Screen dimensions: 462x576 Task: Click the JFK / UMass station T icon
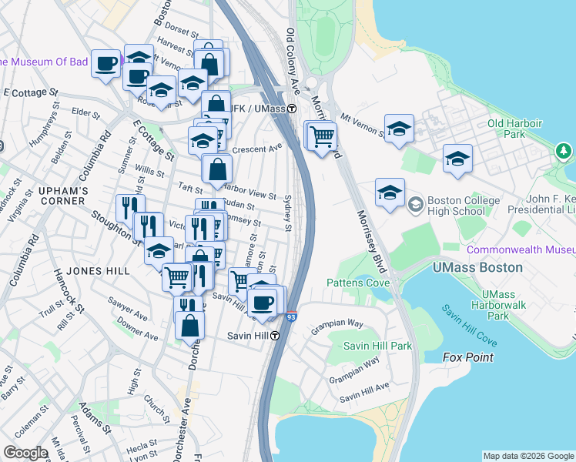pyautogui.click(x=293, y=109)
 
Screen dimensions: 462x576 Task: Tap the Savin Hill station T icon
pyautogui.click(x=273, y=336)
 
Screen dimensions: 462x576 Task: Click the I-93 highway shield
pyautogui.click(x=291, y=316)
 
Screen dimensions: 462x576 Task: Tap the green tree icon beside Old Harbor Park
pyautogui.click(x=564, y=149)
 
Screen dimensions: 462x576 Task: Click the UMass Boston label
pyautogui.click(x=478, y=267)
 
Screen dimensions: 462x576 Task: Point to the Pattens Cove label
pyautogui.click(x=359, y=283)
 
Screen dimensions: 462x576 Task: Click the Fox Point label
pyautogui.click(x=468, y=357)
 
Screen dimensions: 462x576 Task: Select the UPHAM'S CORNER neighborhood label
pyautogui.click(x=53, y=196)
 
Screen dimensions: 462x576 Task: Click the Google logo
pyautogui.click(x=25, y=453)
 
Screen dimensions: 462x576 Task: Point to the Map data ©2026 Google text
pyautogui.click(x=528, y=456)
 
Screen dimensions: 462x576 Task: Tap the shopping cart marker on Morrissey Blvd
pyautogui.click(x=322, y=137)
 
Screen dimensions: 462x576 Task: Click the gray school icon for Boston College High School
pyautogui.click(x=416, y=204)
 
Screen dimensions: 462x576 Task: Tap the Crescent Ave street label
pyautogui.click(x=258, y=149)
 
